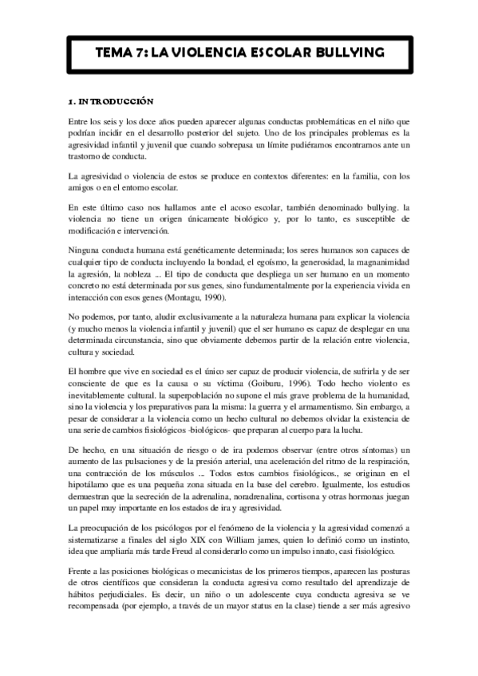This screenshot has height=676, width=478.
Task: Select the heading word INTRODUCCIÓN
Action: coord(116,103)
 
